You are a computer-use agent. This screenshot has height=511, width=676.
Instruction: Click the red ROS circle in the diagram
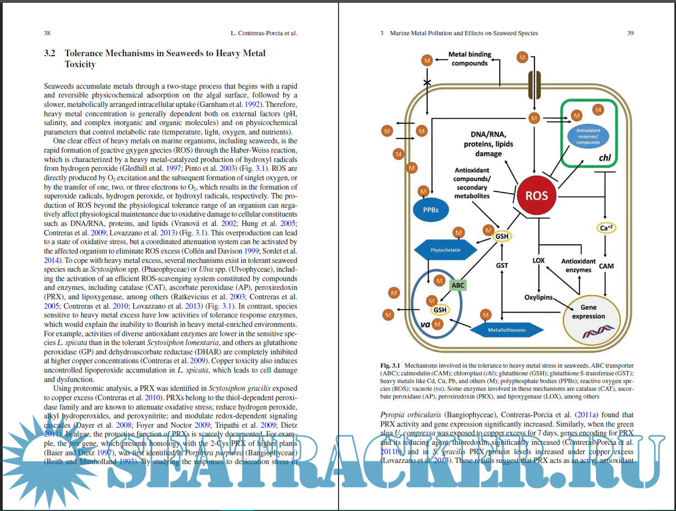tap(536, 196)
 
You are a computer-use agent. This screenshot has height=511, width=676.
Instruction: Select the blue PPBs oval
tap(431, 209)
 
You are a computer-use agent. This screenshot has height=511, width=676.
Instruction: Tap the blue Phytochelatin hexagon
tap(446, 250)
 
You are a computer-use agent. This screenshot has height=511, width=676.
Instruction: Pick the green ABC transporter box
tap(458, 285)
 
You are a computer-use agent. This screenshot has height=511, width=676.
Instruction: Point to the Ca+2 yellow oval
tap(606, 228)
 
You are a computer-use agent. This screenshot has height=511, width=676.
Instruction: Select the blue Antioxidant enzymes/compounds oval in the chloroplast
tap(588, 136)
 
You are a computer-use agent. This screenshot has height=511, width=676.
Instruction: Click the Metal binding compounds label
tap(469, 59)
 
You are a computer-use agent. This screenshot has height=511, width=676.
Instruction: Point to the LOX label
tap(539, 260)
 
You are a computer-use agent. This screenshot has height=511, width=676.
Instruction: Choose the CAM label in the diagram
tap(606, 266)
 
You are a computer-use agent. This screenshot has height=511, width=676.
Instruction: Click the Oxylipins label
tap(538, 298)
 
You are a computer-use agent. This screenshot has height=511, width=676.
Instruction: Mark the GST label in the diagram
tap(502, 265)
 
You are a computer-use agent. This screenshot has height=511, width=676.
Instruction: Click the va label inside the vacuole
tap(425, 324)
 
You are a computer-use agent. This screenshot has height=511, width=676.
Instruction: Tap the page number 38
tap(47, 33)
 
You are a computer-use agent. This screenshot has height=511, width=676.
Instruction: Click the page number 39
tap(630, 33)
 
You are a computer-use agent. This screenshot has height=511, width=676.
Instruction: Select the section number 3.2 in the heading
tap(50, 53)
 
